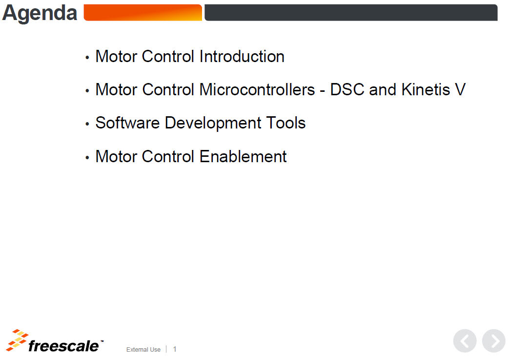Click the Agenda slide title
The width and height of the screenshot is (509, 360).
coord(40,14)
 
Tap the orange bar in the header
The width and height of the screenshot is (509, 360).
coord(143,13)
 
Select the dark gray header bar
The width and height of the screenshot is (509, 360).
coord(351,13)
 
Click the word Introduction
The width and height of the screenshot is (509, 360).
coord(242,57)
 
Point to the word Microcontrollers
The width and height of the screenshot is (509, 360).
coord(257,90)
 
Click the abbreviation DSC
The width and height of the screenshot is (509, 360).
coord(347,90)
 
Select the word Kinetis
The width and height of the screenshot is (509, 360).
coord(426,90)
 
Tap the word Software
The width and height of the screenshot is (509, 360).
coord(127,123)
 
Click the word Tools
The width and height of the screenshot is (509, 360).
coord(285,123)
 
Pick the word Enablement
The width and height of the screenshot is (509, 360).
coord(243,157)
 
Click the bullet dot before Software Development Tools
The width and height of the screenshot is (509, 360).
coord(87,124)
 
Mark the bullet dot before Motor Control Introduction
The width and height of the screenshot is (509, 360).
coord(87,58)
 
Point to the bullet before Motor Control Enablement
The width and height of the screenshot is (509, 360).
coord(87,158)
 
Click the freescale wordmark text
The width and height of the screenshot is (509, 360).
coord(63,346)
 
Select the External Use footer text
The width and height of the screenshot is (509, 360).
coord(143,350)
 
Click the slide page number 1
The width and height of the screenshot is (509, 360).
coord(175,349)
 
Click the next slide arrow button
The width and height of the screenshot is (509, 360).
coord(494,341)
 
